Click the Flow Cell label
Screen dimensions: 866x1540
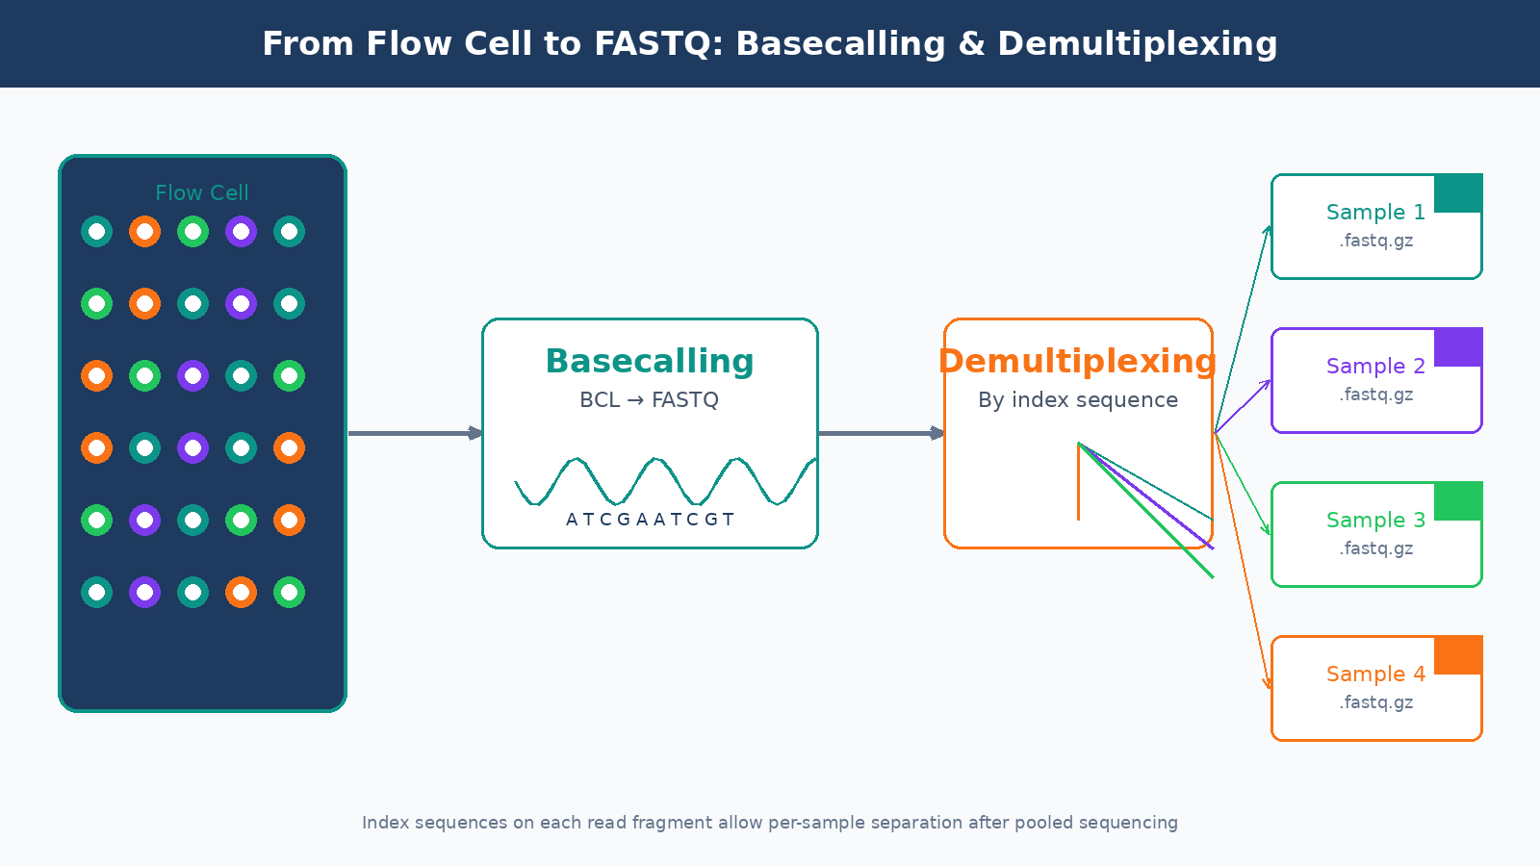click(202, 192)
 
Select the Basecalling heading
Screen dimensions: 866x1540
click(650, 361)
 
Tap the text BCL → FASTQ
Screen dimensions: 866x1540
click(650, 399)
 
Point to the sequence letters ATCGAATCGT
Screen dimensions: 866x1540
click(650, 520)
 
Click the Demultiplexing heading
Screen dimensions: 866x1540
click(1078, 361)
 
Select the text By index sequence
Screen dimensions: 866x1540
click(1078, 399)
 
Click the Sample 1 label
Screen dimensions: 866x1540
click(1375, 212)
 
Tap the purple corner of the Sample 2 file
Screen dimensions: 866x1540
click(1458, 347)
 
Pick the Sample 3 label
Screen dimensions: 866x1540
click(1375, 520)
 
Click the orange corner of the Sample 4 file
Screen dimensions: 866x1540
click(1458, 655)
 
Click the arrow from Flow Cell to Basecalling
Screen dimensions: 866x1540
click(414, 433)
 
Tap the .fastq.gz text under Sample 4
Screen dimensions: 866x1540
click(1375, 702)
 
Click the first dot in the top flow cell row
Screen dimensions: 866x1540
click(96, 231)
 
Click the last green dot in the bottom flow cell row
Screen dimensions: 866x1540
click(289, 592)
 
